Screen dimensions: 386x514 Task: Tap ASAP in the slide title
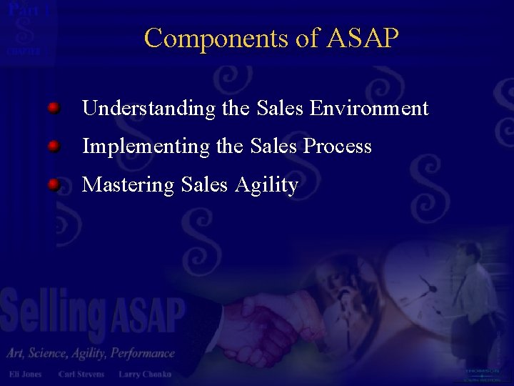click(x=362, y=38)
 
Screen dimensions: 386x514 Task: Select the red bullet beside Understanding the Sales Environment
click(x=54, y=108)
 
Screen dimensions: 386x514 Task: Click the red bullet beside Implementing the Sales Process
click(x=54, y=147)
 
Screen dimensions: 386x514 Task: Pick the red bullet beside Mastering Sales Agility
click(x=54, y=185)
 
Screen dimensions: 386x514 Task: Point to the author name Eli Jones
click(x=25, y=374)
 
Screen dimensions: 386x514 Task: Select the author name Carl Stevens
click(x=81, y=374)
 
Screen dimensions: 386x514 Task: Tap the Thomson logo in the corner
click(x=483, y=373)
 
